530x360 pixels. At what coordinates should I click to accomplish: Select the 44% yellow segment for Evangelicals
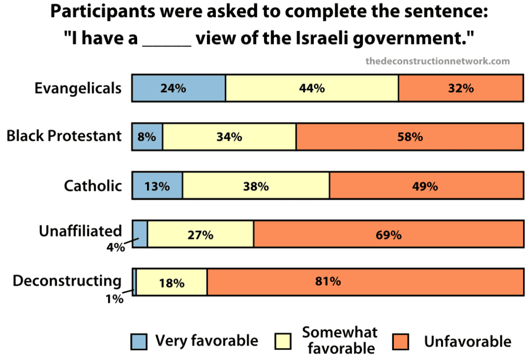coord(312,88)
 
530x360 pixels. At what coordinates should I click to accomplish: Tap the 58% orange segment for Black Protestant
coord(409,137)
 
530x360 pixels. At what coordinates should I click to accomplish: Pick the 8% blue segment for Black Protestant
coord(148,137)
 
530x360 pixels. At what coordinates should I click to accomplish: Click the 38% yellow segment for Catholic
coord(256,186)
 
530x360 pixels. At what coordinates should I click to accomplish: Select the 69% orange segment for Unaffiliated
coord(388,234)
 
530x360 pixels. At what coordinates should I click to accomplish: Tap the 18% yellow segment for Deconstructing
coord(171,282)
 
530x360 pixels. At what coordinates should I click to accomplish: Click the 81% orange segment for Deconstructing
coord(365,282)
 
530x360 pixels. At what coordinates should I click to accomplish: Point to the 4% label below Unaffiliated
coord(114,247)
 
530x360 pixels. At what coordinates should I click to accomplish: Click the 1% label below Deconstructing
coord(114,298)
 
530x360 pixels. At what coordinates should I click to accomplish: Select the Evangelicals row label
coord(78,88)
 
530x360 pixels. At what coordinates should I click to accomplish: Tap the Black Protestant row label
coord(64,136)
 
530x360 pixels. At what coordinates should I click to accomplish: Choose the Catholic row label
coord(93,186)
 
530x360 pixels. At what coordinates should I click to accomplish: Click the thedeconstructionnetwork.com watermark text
coord(437,61)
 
